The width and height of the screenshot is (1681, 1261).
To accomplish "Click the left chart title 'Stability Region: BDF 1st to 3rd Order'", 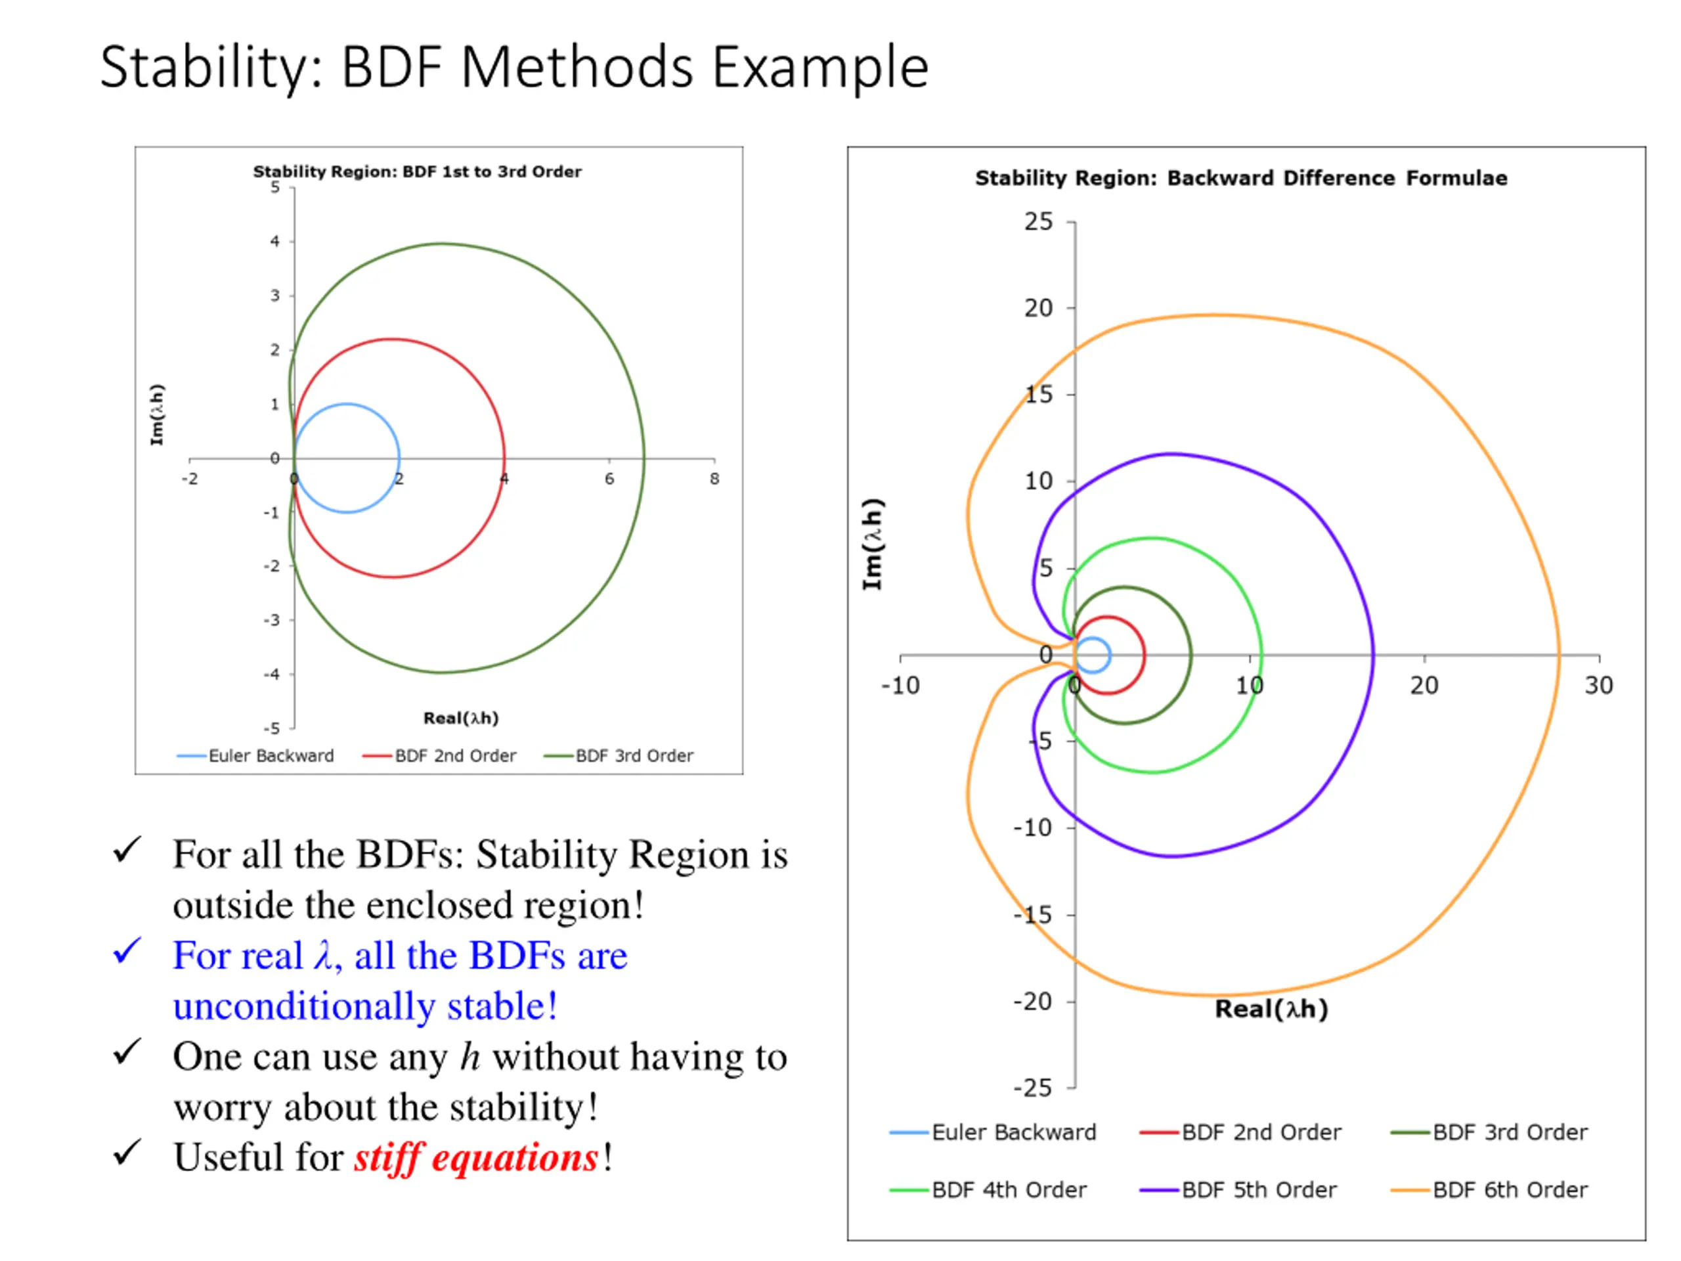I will (x=417, y=172).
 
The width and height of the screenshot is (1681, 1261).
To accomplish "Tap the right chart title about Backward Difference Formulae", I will (x=1241, y=179).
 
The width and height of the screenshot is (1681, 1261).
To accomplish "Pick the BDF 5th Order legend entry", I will (x=1259, y=1189).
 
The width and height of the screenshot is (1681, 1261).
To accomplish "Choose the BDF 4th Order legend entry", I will (x=1009, y=1189).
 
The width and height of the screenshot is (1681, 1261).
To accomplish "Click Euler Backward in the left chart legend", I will (x=271, y=755).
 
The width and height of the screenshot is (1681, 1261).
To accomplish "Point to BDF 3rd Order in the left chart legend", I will (x=634, y=755).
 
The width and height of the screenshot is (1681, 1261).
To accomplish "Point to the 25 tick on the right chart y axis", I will (x=1038, y=222).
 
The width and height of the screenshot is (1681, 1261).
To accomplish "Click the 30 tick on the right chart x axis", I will (x=1598, y=686).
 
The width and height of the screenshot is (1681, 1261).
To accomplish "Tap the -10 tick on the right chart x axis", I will (x=900, y=686).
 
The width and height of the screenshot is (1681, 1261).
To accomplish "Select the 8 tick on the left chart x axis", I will (x=714, y=479).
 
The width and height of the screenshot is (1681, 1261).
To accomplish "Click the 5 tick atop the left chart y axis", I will (x=275, y=188).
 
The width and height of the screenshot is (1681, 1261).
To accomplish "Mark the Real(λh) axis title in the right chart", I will (x=1271, y=1009).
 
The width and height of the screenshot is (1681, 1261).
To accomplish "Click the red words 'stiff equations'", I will (x=477, y=1158).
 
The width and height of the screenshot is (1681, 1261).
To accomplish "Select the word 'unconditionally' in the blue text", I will (x=304, y=1006).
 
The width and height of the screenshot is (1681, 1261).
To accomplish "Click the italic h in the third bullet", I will (x=470, y=1057).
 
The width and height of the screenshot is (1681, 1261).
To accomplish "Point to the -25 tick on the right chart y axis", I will (x=1033, y=1088).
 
